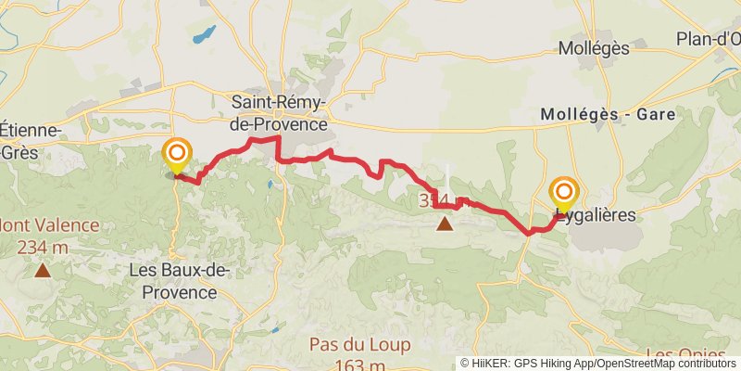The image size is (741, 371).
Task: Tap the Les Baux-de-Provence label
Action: [x=180, y=281]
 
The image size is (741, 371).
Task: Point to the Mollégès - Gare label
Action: [x=608, y=114]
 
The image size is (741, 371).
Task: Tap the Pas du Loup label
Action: [x=359, y=345]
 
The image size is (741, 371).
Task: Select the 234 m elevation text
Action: [x=43, y=247]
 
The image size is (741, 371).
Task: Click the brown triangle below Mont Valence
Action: [x=43, y=271]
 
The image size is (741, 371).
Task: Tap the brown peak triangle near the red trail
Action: [x=446, y=224]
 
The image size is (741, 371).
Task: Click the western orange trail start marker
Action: [x=176, y=153]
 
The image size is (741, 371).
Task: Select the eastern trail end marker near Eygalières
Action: [x=563, y=192]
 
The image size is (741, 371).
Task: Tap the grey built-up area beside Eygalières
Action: [x=602, y=237]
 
